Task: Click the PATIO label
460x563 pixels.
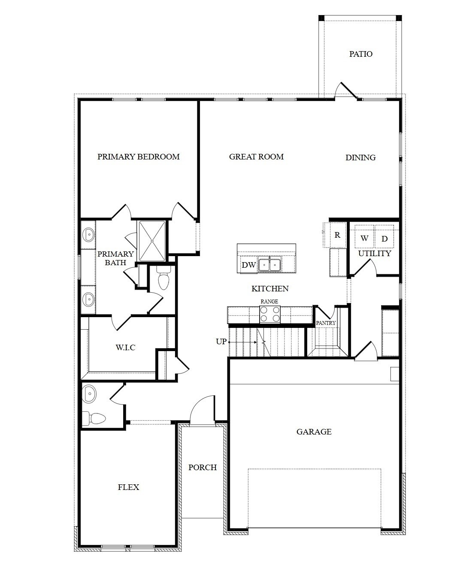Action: tap(360, 54)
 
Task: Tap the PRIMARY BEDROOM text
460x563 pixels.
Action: tap(138, 157)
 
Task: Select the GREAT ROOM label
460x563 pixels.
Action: tap(256, 157)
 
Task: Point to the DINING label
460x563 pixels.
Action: tap(360, 158)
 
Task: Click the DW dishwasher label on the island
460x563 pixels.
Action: tap(248, 265)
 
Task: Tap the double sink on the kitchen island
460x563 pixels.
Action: tap(269, 264)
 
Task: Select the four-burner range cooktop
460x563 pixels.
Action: tap(269, 314)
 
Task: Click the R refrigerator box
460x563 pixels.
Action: tap(337, 235)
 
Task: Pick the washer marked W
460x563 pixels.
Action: tap(364, 238)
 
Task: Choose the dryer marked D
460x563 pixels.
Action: tap(384, 239)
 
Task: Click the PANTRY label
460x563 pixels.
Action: tap(326, 323)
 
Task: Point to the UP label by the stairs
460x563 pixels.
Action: tap(221, 342)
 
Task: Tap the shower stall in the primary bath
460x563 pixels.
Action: tap(151, 241)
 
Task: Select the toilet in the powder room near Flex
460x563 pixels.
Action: tap(95, 418)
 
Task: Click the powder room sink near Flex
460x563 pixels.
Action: tap(89, 394)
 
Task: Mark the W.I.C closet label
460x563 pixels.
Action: tap(125, 347)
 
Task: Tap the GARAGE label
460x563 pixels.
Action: tap(314, 432)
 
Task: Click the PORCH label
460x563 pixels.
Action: tap(203, 468)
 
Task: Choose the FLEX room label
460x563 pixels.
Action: tap(128, 487)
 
